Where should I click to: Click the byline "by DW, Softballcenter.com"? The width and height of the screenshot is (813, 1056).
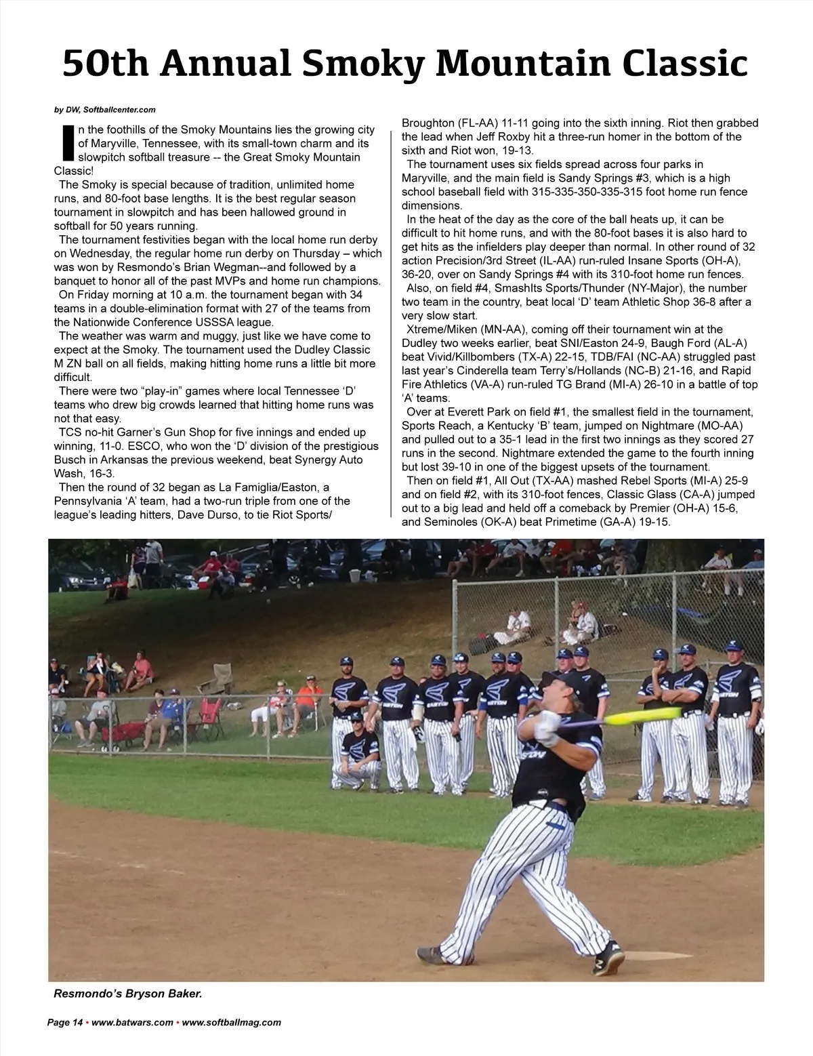coord(105,110)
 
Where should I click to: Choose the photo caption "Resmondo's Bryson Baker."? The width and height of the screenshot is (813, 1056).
coord(128,994)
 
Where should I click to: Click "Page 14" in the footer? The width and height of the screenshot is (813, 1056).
coord(64,1023)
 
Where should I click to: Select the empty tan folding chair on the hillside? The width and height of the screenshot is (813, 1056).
coord(220,677)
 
